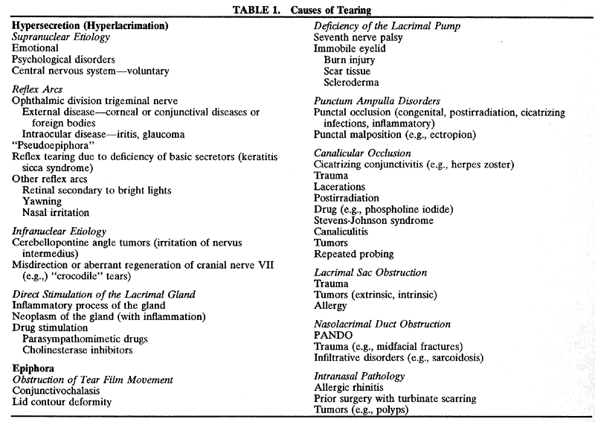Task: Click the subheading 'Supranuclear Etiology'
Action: click(62, 36)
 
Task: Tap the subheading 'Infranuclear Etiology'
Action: click(59, 231)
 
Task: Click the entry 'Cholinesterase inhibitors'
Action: click(89, 350)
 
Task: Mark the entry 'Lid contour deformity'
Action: click(62, 401)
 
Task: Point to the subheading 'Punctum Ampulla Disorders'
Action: click(377, 100)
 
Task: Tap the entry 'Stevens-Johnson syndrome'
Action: click(374, 220)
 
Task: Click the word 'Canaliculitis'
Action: click(347, 231)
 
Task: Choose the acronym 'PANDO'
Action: click(332, 336)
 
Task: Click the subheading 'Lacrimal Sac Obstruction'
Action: click(370, 272)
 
